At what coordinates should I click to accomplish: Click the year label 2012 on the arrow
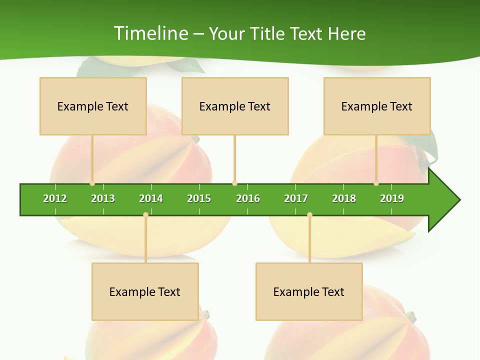(x=55, y=198)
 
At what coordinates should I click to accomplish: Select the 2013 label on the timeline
(x=103, y=198)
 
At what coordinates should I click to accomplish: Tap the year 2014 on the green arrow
(x=151, y=198)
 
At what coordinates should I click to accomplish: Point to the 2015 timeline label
(x=199, y=198)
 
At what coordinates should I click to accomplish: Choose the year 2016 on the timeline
(x=248, y=198)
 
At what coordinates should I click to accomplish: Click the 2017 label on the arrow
(x=296, y=198)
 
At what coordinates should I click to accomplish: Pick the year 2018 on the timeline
(x=344, y=198)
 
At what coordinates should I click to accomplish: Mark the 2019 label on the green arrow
(x=392, y=198)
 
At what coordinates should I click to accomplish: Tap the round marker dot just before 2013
(x=92, y=183)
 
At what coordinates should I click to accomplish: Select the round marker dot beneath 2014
(x=145, y=215)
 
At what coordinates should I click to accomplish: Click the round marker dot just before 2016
(x=234, y=183)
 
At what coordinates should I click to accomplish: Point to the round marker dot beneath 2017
(x=309, y=215)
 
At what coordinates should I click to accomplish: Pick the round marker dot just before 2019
(x=376, y=183)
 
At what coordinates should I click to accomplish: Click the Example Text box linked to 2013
(x=93, y=106)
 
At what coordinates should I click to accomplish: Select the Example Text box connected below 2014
(x=145, y=291)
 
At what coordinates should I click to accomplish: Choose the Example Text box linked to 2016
(x=235, y=106)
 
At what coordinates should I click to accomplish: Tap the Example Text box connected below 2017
(x=309, y=291)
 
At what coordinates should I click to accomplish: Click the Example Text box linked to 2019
(x=377, y=106)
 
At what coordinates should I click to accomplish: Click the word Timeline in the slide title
(x=150, y=33)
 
